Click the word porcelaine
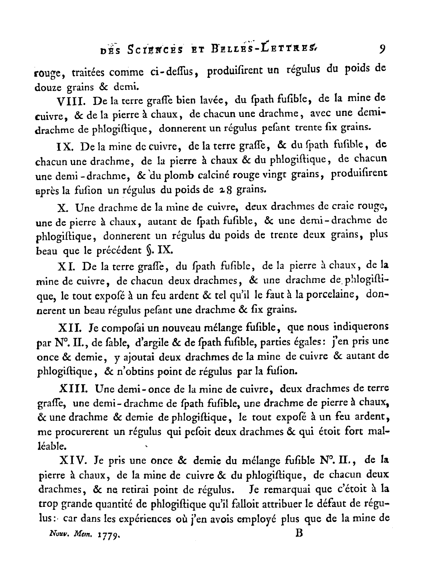tap(331, 295)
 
